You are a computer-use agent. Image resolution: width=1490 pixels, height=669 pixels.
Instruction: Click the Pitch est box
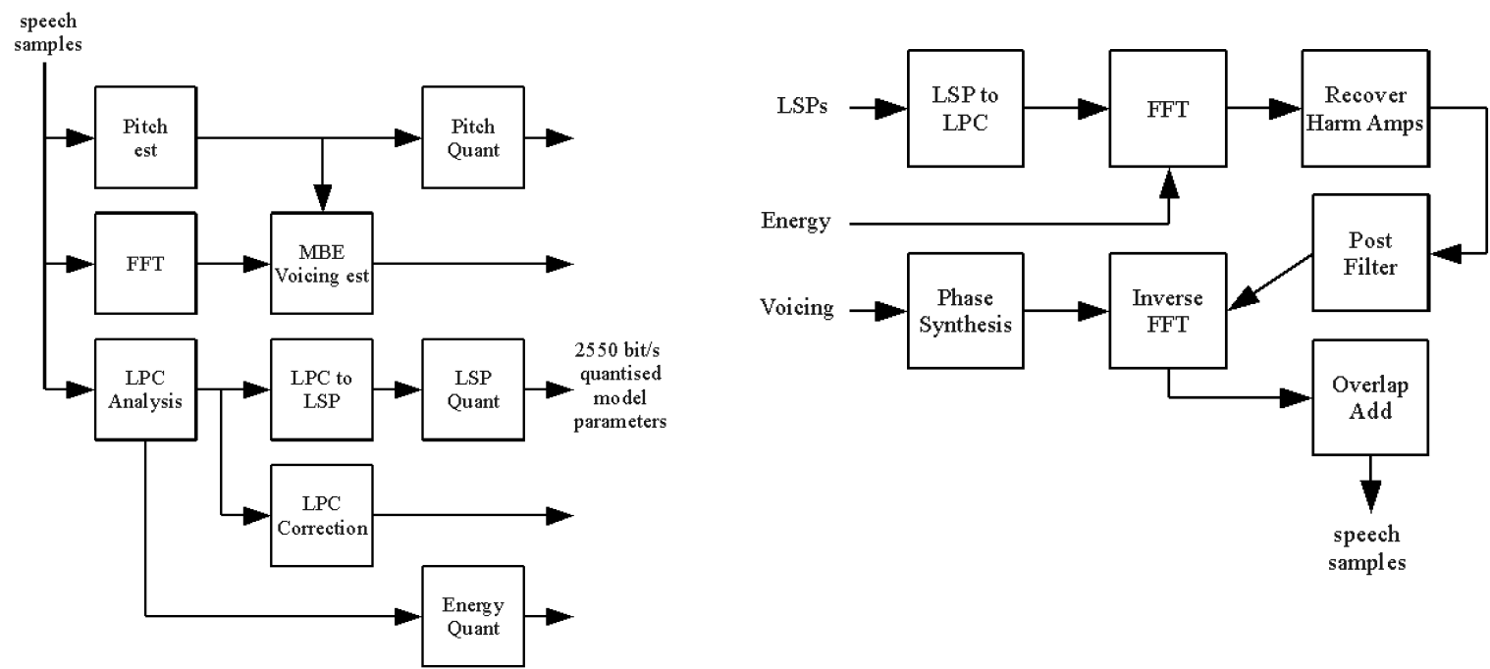144,138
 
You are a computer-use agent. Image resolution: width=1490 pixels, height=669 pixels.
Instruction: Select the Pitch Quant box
472,138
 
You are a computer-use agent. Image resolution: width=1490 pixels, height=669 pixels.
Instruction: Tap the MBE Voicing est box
323,263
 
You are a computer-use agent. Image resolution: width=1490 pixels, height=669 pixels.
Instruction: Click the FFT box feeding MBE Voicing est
144,263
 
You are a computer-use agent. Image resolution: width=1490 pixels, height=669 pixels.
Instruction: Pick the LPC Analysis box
144,389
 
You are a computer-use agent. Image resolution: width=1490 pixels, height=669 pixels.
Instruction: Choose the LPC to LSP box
323,389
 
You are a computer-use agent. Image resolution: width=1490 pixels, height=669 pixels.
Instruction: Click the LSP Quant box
472,389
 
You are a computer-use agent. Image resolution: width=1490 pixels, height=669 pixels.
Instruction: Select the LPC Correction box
323,515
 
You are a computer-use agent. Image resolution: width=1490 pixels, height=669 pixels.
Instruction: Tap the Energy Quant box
472,616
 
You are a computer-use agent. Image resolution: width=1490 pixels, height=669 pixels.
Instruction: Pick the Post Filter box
1370,254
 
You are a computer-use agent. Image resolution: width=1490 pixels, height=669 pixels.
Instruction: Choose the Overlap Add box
1370,397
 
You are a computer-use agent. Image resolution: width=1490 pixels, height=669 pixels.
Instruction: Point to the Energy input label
795,222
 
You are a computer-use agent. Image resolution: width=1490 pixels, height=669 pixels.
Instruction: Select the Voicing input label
797,309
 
